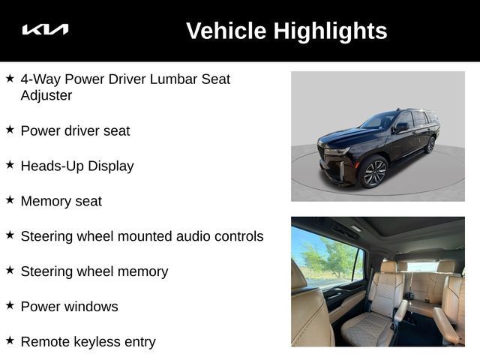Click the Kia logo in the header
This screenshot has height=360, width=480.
[x=45, y=29]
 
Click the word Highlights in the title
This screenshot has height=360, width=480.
[x=330, y=31]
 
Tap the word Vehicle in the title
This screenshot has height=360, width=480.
[x=226, y=31]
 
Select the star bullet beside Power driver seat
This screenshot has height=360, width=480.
[x=10, y=130]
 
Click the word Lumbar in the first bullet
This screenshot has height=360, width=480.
[x=173, y=79]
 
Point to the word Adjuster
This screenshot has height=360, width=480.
[x=46, y=95]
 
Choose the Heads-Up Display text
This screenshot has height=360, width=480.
[x=77, y=166]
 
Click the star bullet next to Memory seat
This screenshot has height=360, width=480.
[x=10, y=200]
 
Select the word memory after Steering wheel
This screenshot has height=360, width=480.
[x=142, y=271]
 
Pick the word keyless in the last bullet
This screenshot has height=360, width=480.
[x=97, y=342]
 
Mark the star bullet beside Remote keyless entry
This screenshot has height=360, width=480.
[x=10, y=340]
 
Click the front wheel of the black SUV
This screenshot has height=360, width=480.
[x=373, y=172]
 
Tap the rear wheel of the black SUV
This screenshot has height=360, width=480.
[x=430, y=145]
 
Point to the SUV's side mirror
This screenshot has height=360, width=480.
[x=401, y=127]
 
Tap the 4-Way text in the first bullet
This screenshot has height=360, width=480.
[x=41, y=79]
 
